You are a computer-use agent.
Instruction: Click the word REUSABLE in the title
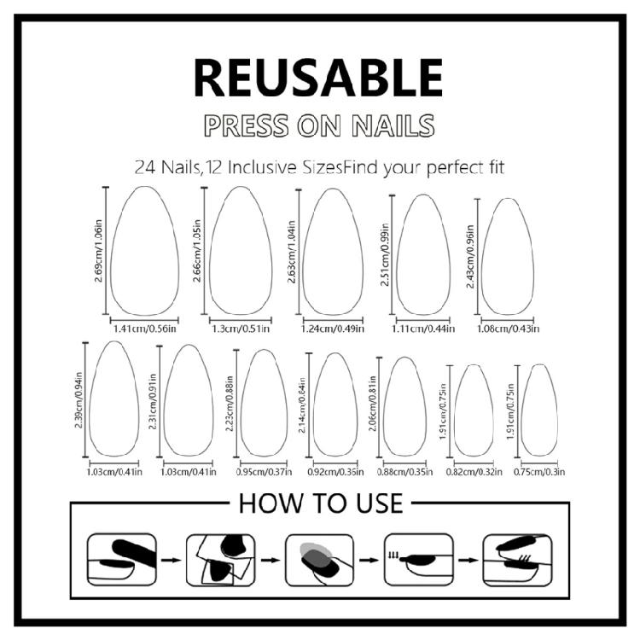click(319, 78)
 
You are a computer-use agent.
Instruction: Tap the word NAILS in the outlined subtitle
click(392, 125)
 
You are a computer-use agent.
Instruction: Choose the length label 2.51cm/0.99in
click(386, 254)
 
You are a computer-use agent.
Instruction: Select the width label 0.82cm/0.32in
click(470, 470)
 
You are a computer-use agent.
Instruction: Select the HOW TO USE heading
click(320, 503)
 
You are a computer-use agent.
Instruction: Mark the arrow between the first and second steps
click(169, 561)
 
